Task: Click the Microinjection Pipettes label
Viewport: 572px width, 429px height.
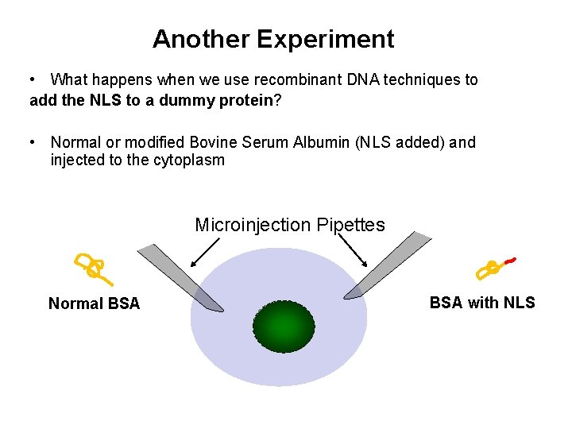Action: tap(290, 225)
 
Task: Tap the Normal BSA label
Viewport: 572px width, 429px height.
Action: tap(94, 303)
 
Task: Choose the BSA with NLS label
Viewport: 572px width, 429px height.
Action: tap(482, 303)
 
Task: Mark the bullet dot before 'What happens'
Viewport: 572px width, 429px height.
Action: tap(32, 80)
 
